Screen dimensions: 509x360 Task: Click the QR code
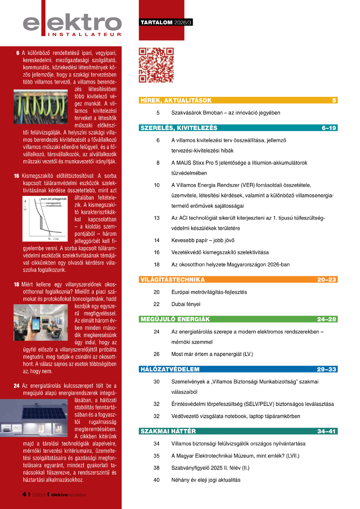click(156, 65)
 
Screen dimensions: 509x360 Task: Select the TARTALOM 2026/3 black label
click(166, 23)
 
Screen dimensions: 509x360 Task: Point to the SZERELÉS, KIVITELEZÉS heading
click(179, 128)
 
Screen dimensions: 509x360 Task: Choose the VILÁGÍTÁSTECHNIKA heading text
click(172, 280)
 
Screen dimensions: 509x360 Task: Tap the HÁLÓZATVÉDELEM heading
click(170, 369)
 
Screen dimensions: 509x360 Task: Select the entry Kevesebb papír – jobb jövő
click(203, 240)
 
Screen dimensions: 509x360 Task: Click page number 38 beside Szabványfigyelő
click(157, 468)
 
